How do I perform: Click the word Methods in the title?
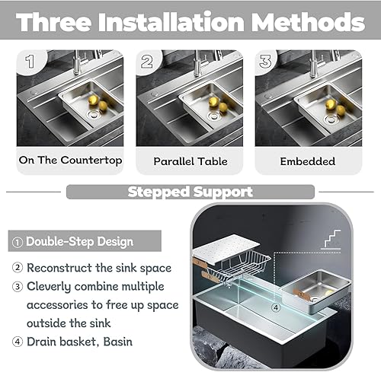pos(308,22)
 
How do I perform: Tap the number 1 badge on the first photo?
pos(30,62)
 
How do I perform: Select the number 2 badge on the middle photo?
pos(147,62)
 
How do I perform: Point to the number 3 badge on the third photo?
pos(266,62)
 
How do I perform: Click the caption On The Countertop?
pos(70,161)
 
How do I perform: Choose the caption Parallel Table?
pos(190,161)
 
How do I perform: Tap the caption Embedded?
pos(308,161)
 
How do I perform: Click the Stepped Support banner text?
pos(190,192)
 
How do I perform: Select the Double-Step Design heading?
pos(79,241)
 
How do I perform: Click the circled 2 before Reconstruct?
pos(18,268)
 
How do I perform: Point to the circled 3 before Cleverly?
pos(18,287)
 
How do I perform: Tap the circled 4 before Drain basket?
pos(18,342)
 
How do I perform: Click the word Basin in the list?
pos(117,342)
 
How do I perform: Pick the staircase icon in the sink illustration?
pos(331,239)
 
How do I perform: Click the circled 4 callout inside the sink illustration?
pos(276,307)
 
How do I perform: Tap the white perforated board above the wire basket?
pos(226,250)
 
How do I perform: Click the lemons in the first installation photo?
pos(98,103)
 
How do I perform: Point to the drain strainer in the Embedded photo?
pos(331,119)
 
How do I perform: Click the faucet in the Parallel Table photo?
pos(197,63)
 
